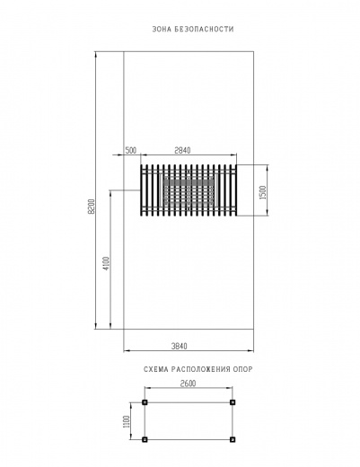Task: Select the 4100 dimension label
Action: (106, 263)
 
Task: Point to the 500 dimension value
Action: (130, 150)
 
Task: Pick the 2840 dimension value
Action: (182, 150)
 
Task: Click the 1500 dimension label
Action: (262, 193)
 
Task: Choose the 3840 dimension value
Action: (179, 346)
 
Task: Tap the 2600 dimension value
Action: (188, 383)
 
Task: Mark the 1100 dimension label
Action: (127, 421)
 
